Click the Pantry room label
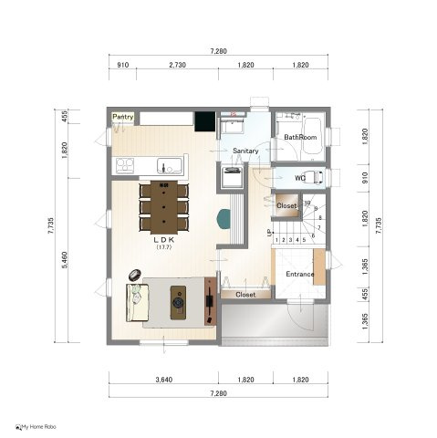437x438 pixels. (x=123, y=117)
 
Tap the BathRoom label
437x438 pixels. (x=300, y=137)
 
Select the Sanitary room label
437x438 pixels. (x=245, y=151)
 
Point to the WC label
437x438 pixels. (x=299, y=178)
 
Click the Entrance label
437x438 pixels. (x=300, y=275)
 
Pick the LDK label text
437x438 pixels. (x=164, y=240)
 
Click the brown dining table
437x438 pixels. (x=164, y=207)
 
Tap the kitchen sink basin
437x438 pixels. (x=170, y=166)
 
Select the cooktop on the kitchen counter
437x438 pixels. (x=125, y=166)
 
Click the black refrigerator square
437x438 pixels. (x=205, y=121)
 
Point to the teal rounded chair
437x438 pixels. (x=224, y=218)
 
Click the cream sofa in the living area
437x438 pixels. (x=137, y=303)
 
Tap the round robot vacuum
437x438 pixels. (x=135, y=275)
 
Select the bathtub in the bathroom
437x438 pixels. (x=312, y=136)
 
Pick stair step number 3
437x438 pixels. (x=290, y=240)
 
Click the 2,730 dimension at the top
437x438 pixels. (x=177, y=65)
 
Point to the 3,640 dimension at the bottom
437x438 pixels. (x=164, y=380)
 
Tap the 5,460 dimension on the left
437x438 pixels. (x=65, y=260)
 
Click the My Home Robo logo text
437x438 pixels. (x=36, y=427)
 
